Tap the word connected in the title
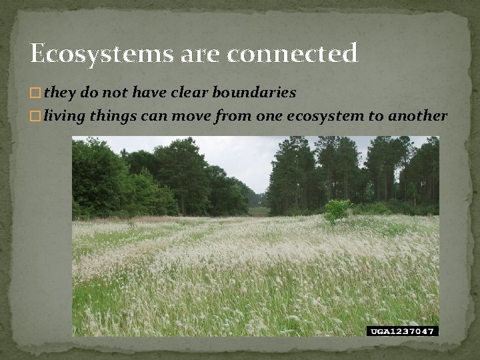(292, 53)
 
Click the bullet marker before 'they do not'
(36, 93)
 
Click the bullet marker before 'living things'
(36, 117)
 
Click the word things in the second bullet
(115, 117)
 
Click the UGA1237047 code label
(402, 331)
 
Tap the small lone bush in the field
(337, 210)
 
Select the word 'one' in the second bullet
(268, 117)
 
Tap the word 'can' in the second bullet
(153, 117)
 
